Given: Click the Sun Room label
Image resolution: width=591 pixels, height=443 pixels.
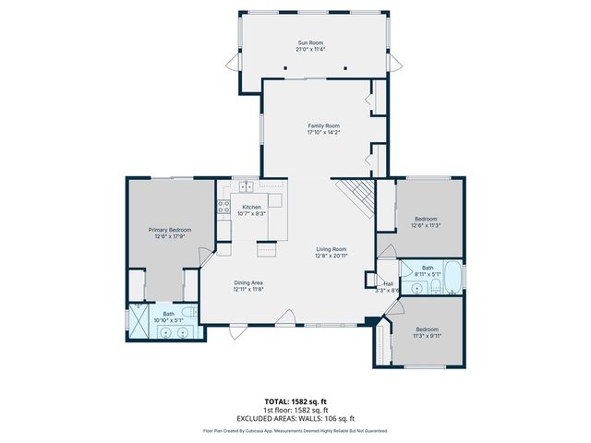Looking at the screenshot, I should pyautogui.click(x=309, y=42).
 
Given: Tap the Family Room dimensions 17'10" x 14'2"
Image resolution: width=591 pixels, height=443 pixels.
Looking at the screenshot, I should pyautogui.click(x=323, y=133).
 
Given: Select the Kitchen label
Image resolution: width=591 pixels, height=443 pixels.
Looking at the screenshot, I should pyautogui.click(x=251, y=207).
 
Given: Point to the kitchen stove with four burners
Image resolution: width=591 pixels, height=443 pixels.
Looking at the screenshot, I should pyautogui.click(x=223, y=208).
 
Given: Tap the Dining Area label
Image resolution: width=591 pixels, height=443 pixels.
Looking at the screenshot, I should pyautogui.click(x=248, y=282).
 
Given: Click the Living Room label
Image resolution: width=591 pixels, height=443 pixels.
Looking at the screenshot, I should pyautogui.click(x=332, y=248).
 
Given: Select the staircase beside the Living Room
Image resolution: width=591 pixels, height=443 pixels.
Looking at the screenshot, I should pyautogui.click(x=356, y=194).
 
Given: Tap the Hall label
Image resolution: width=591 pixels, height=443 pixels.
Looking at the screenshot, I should pyautogui.click(x=389, y=283).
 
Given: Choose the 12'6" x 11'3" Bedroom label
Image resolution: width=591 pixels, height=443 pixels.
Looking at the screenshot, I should pyautogui.click(x=426, y=219).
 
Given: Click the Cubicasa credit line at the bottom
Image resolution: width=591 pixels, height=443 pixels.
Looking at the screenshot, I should pyautogui.click(x=295, y=431).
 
